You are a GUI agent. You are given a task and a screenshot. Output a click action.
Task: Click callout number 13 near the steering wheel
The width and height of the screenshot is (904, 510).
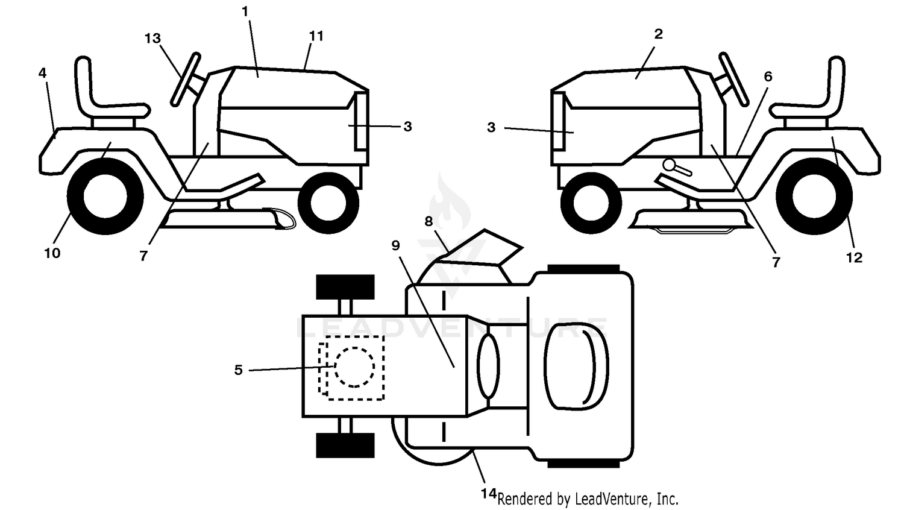click(153, 39)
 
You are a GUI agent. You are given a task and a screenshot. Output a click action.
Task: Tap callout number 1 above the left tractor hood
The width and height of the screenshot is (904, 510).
click(245, 11)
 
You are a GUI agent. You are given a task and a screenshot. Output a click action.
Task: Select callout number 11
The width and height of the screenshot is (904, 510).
click(316, 36)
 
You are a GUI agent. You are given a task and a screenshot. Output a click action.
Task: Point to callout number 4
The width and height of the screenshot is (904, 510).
click(42, 73)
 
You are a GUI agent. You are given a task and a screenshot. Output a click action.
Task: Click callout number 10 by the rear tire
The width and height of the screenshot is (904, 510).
click(52, 253)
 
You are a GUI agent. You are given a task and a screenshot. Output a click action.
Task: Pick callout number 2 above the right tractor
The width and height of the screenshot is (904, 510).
click(658, 34)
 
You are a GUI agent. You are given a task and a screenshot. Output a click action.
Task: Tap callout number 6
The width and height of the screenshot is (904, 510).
click(768, 77)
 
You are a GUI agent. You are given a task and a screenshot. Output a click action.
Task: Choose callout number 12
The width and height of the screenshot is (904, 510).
click(854, 257)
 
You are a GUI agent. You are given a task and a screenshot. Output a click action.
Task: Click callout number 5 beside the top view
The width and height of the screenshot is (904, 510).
click(239, 370)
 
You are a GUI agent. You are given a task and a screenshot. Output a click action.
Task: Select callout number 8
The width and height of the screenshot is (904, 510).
click(428, 221)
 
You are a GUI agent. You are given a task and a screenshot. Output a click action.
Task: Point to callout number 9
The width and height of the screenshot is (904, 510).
click(395, 245)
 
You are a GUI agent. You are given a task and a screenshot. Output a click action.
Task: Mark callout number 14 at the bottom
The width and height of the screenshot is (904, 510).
click(488, 494)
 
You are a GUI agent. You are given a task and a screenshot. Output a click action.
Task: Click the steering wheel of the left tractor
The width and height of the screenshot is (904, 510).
click(185, 79)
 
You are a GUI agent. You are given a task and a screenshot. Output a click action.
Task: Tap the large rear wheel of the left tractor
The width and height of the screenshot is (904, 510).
click(105, 197)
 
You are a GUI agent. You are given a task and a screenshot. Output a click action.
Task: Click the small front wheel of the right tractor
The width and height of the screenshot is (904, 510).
click(591, 204)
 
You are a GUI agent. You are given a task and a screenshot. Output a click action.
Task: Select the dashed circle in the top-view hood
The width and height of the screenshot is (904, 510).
click(354, 367)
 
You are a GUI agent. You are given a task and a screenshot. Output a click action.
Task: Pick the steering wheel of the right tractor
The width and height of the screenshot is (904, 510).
click(733, 79)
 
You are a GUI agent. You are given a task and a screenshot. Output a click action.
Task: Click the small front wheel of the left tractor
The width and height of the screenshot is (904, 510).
click(328, 204)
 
